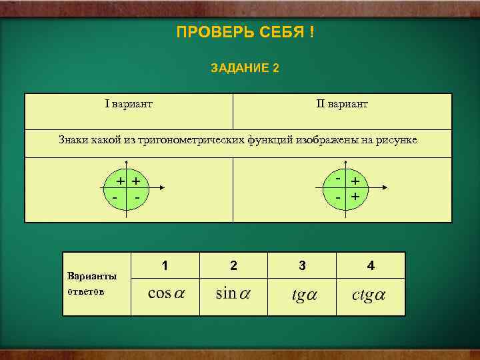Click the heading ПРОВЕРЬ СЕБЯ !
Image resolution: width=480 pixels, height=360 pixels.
point(245,33)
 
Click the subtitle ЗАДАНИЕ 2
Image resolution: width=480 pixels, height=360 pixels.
point(245,68)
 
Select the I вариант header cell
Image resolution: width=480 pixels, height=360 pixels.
point(129,104)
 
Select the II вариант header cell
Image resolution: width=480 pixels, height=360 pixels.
point(341,104)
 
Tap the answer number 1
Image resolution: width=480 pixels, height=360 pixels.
point(165,265)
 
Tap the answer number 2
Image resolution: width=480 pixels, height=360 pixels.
point(233,265)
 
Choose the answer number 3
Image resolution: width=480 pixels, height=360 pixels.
point(302,265)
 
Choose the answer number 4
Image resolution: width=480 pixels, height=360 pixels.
point(371,265)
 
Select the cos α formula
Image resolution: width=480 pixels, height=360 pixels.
point(165,294)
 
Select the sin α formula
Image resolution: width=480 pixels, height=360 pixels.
point(233,293)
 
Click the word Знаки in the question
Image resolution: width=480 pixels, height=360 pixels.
point(73,140)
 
